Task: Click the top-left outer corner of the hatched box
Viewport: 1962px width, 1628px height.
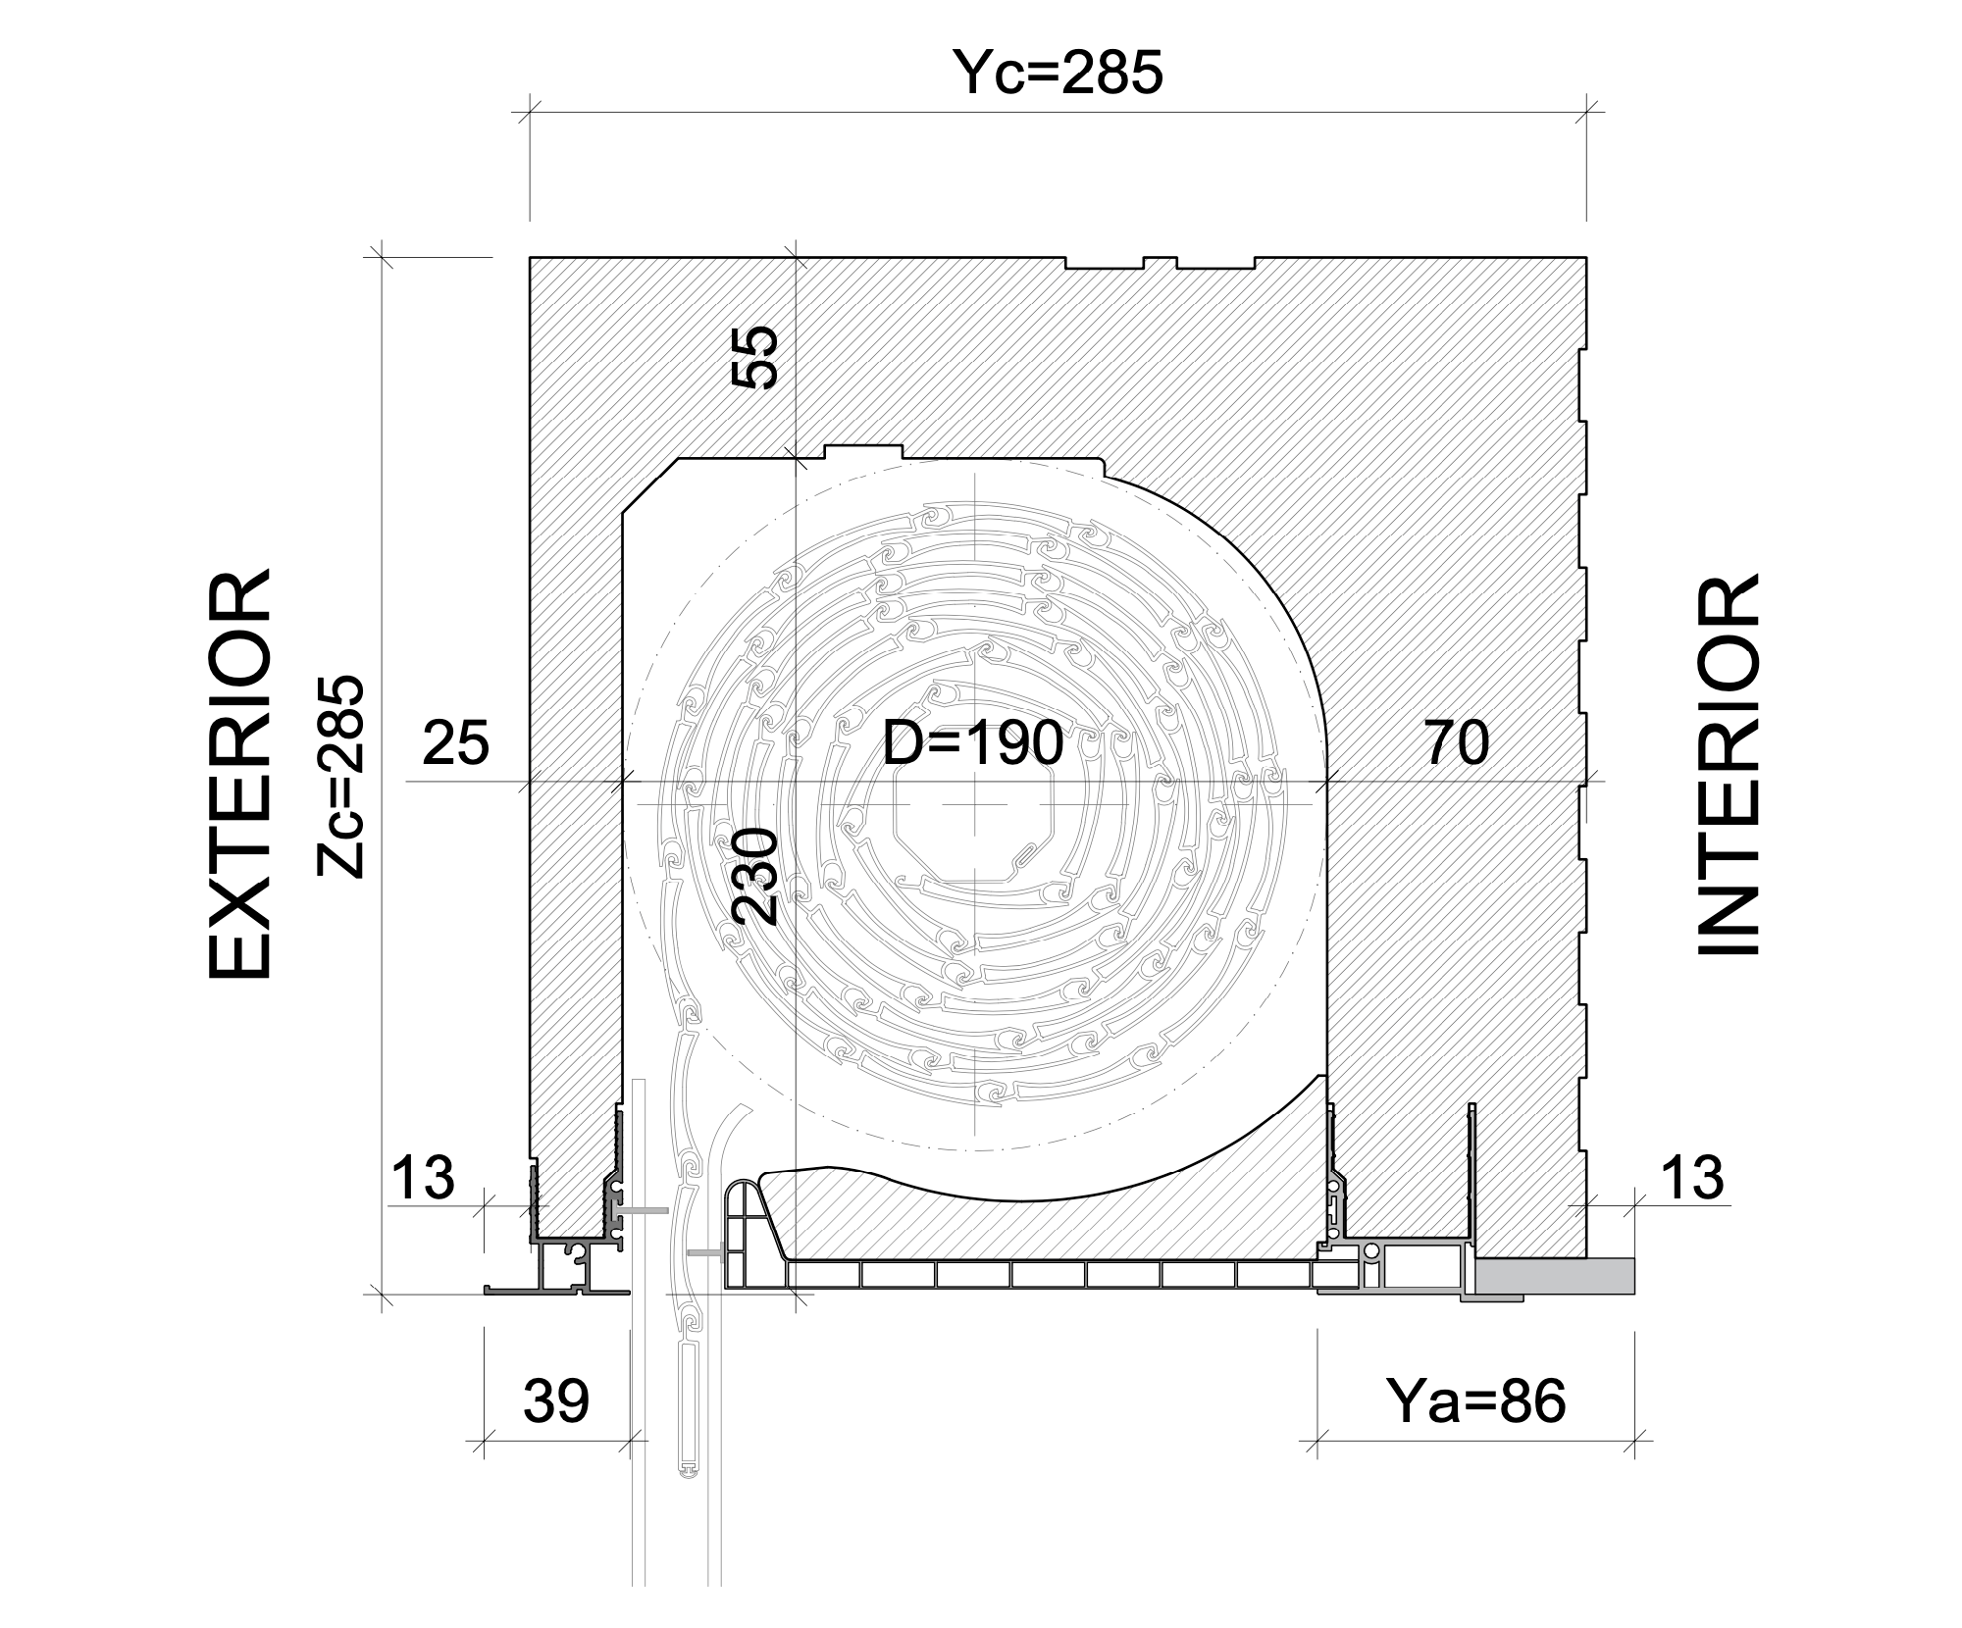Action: click(530, 258)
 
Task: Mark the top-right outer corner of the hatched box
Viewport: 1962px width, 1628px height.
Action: click(1587, 258)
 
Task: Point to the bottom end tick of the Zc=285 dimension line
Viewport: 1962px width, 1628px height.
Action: click(381, 1295)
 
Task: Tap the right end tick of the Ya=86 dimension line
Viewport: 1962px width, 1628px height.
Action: click(1634, 1441)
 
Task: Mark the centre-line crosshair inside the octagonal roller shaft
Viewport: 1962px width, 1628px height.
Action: click(974, 802)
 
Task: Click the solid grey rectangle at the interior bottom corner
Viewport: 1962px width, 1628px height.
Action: click(1555, 1274)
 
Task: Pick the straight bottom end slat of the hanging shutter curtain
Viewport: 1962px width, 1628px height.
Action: click(690, 1406)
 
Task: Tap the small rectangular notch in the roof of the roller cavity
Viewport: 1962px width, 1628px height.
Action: click(863, 451)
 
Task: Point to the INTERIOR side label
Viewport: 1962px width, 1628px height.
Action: click(1728, 764)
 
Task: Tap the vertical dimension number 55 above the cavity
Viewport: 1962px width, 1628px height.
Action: click(757, 357)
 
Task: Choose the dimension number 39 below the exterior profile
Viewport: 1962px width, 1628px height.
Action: click(555, 1401)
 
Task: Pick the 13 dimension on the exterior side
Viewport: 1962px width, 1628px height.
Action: click(423, 1177)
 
